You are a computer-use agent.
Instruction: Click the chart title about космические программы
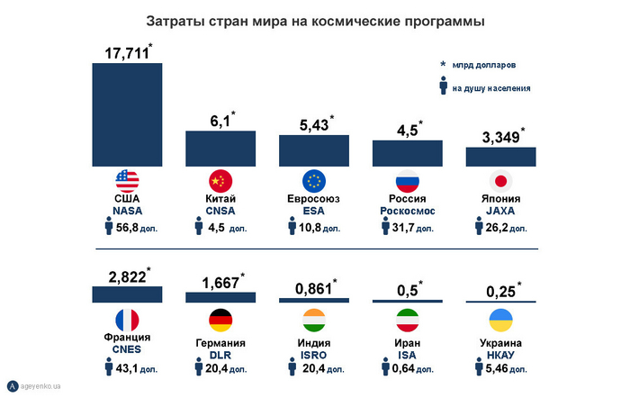315,19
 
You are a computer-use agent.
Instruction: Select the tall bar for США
127,114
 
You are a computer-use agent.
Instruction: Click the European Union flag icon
314,179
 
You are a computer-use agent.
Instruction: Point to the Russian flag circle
407,179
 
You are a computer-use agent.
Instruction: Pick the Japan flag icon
499,179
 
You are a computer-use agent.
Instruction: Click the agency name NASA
127,211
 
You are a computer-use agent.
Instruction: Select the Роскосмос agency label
407,211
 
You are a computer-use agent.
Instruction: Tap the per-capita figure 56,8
133,228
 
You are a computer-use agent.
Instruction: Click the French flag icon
127,320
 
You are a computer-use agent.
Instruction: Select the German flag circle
220,320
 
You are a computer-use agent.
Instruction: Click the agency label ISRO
314,355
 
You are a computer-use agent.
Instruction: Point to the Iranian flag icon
407,320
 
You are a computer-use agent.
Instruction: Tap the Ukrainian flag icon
499,320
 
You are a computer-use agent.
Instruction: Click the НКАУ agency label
499,355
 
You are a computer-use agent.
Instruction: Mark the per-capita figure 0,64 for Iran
412,370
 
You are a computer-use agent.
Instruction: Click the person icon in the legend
443,87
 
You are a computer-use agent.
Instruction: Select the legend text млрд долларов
484,66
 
